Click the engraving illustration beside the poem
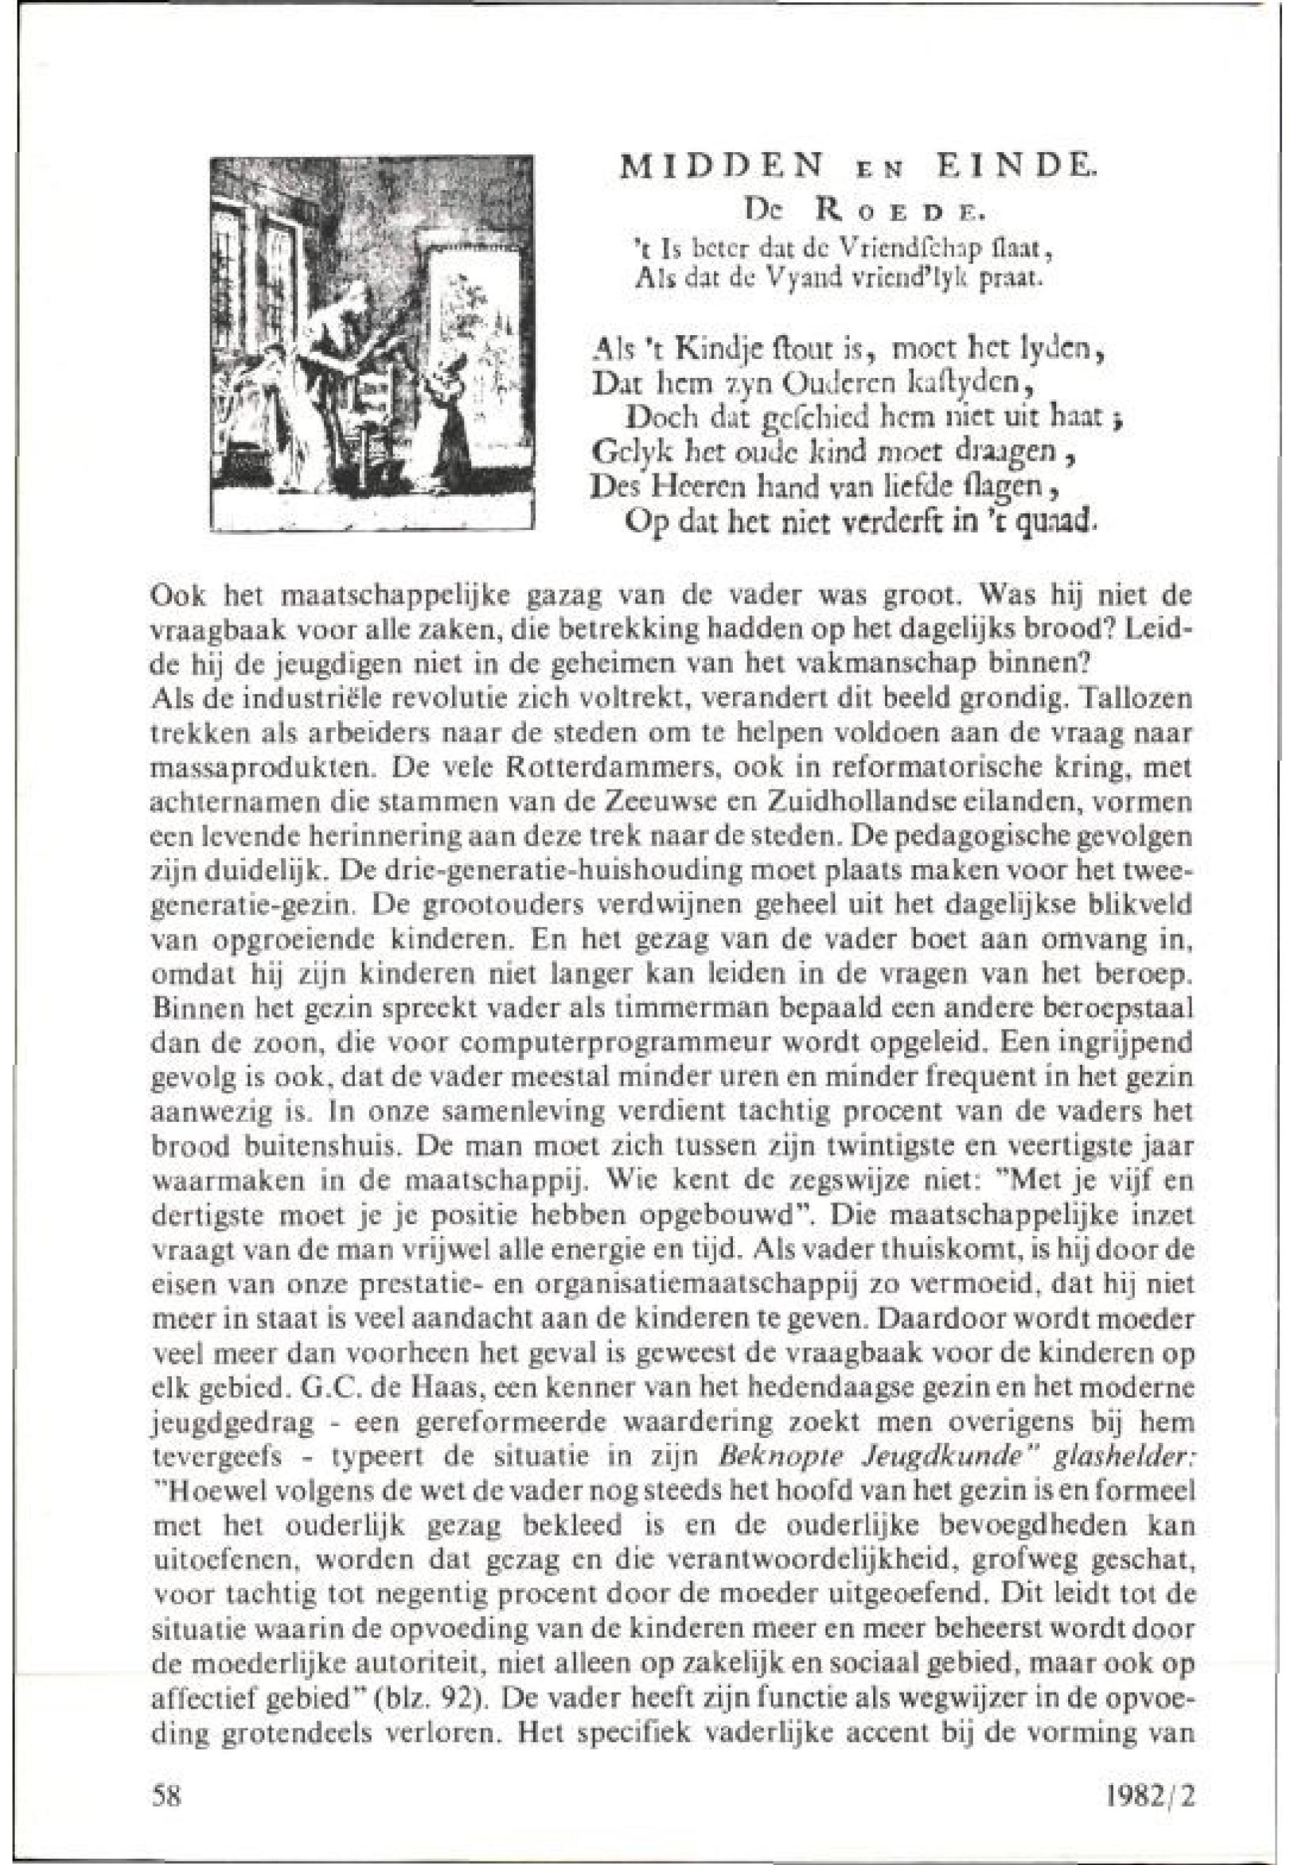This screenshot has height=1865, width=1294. coord(370,344)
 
